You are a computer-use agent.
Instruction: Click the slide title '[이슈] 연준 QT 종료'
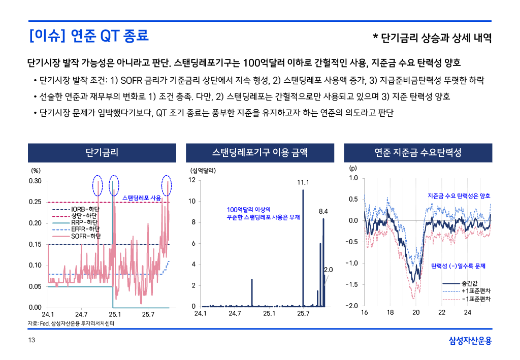[89, 37]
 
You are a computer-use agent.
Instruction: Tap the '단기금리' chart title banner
[102, 153]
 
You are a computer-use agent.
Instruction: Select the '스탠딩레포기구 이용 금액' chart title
[260, 153]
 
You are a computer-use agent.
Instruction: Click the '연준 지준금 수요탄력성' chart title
[418, 153]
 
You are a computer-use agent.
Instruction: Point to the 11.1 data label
[303, 182]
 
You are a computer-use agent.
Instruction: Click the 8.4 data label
[323, 211]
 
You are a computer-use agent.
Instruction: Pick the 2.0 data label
[328, 270]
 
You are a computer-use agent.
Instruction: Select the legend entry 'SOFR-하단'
[85, 236]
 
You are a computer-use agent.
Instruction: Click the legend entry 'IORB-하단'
[85, 209]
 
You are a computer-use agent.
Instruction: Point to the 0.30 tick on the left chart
[35, 181]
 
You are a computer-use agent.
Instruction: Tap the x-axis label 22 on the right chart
[442, 312]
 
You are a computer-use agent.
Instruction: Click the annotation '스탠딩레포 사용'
[142, 198]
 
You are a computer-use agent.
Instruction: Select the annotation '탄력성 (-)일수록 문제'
[458, 266]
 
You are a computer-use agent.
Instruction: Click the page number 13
[31, 340]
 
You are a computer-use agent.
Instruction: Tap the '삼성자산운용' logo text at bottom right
[470, 340]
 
